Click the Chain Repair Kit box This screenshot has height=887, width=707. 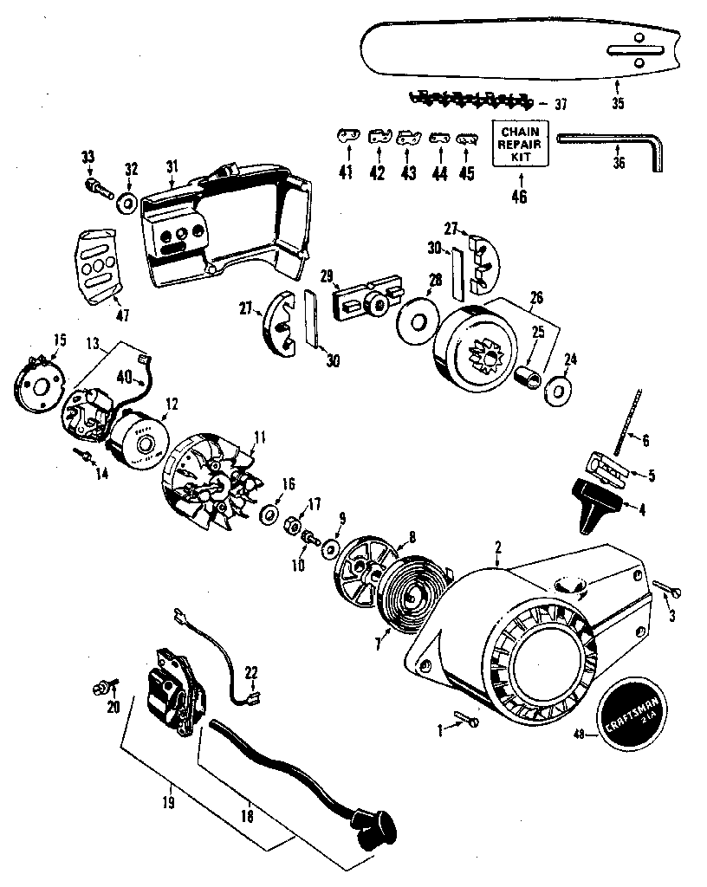tap(522, 143)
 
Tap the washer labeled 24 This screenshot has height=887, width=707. tap(552, 389)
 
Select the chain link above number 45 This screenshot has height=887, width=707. tap(467, 137)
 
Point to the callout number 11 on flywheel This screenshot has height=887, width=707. tap(259, 437)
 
